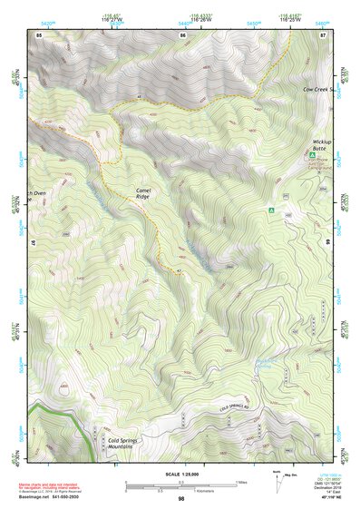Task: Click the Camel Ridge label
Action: point(148,192)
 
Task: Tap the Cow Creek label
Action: point(316,90)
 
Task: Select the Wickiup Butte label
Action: point(323,146)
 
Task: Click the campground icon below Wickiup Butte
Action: point(305,156)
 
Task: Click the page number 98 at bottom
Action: point(180,499)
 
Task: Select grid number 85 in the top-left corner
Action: point(39,34)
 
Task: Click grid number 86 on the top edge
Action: point(183,34)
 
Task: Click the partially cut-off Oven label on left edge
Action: point(35,192)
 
